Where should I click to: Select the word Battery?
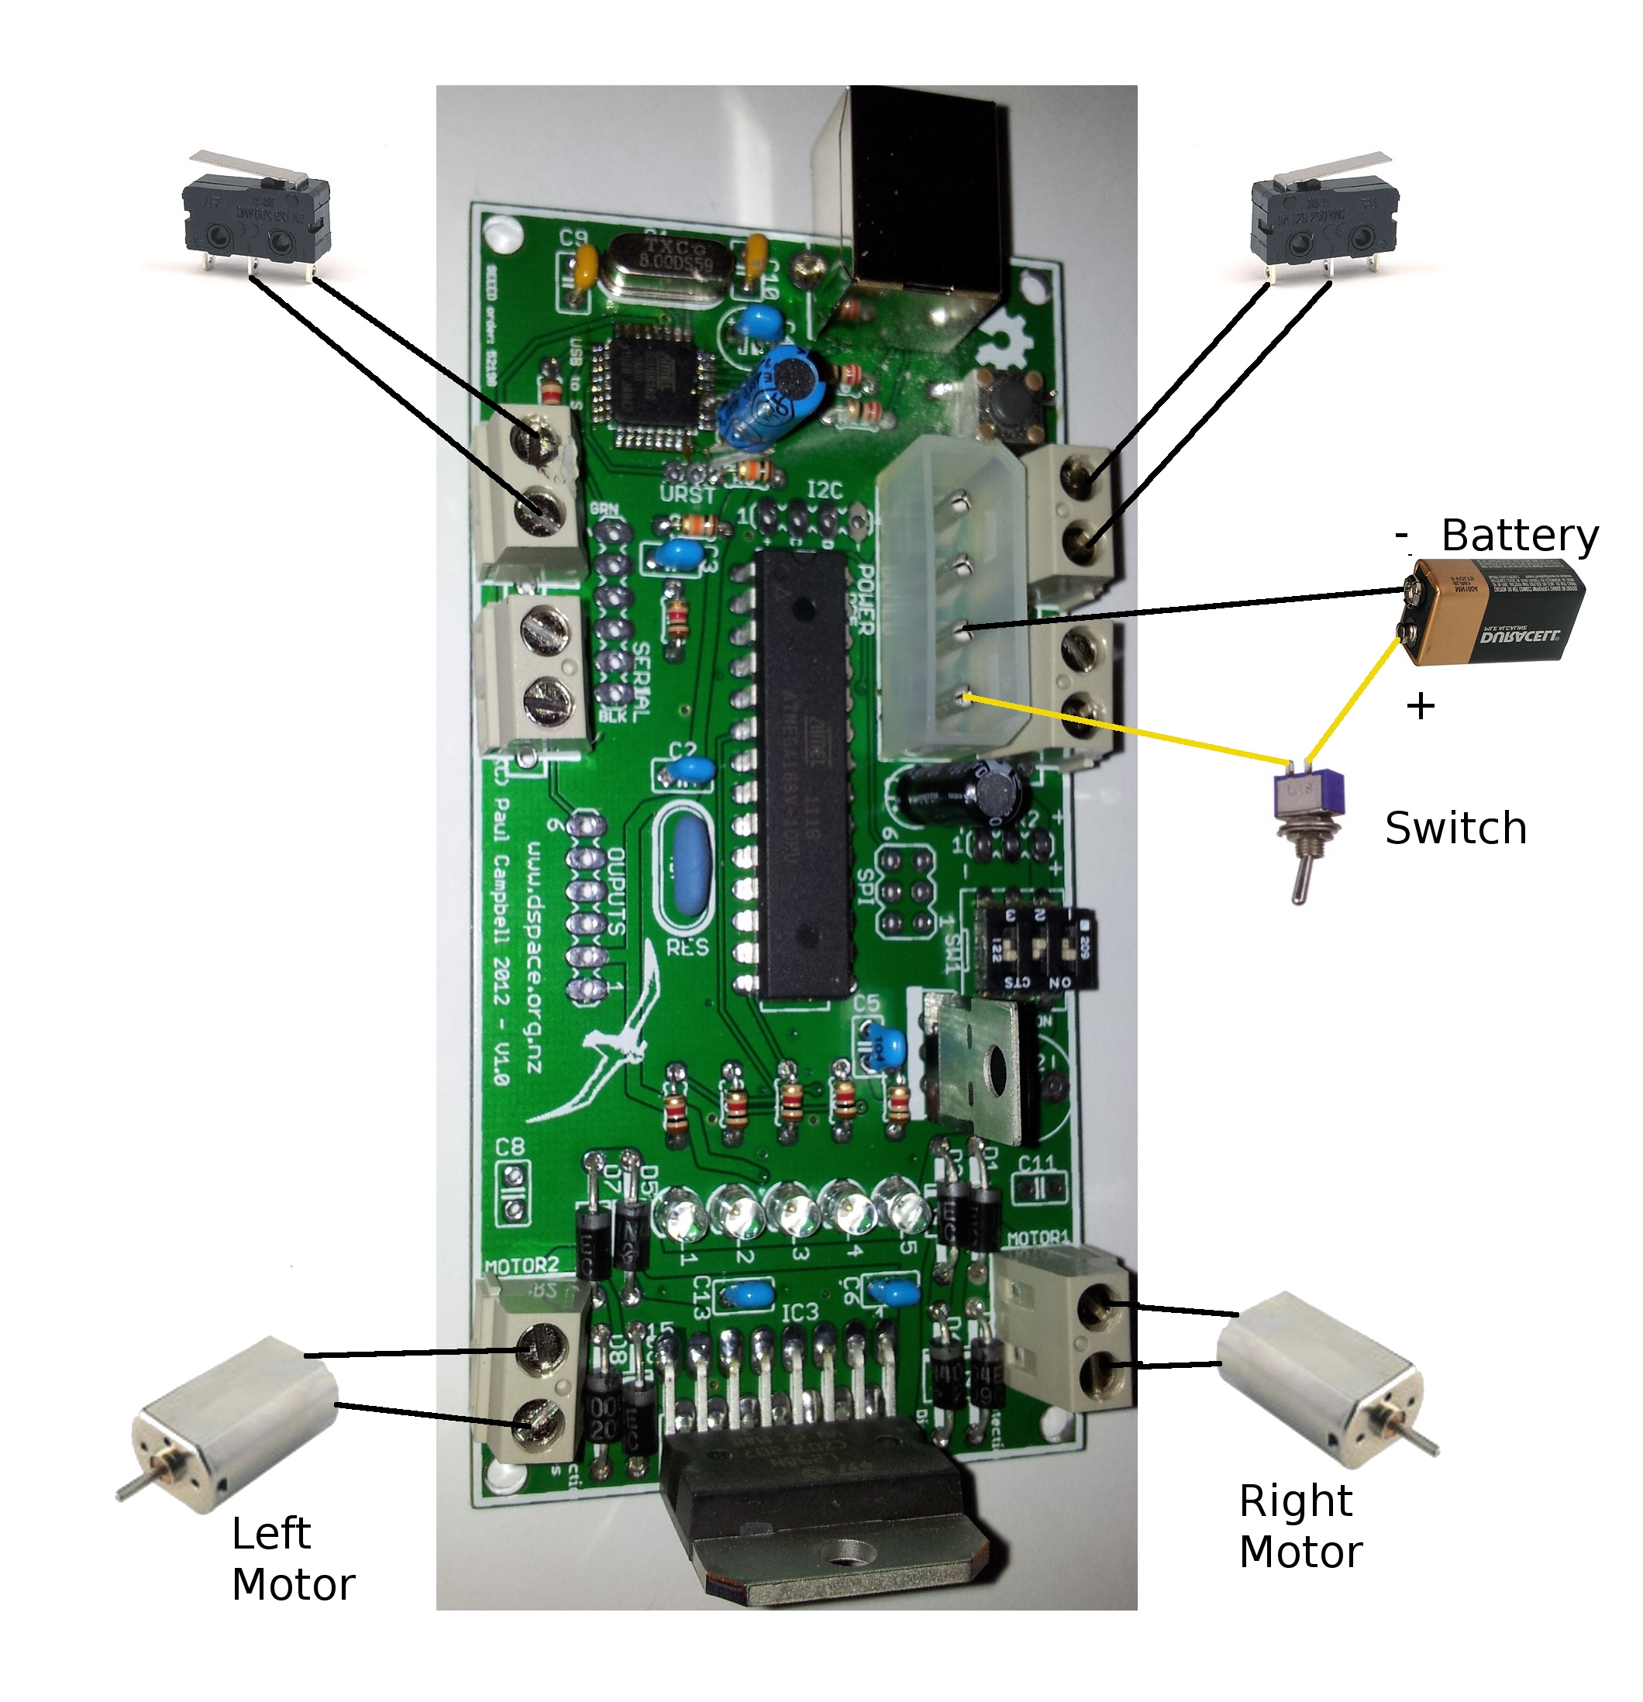(x=1519, y=536)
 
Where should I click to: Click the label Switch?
(x=1455, y=829)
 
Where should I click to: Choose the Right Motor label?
(x=1300, y=1528)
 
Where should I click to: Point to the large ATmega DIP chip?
(x=801, y=773)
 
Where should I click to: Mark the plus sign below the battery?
(x=1420, y=706)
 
